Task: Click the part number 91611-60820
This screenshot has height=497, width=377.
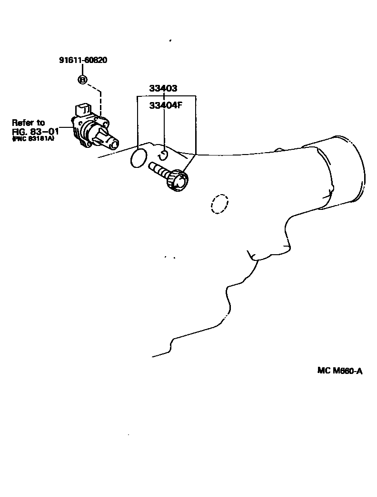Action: pos(83,60)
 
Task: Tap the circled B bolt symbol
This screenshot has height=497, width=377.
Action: pos(82,80)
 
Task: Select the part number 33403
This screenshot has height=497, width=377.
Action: pos(163,88)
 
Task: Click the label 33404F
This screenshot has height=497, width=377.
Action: pos(166,105)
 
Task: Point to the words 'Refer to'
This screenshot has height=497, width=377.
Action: pos(28,123)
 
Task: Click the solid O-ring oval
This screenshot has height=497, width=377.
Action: pos(138,158)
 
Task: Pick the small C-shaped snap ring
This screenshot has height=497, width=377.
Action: pos(163,155)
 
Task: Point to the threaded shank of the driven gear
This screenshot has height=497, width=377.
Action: pos(159,169)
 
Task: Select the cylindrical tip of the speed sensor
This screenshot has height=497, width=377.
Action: pos(112,143)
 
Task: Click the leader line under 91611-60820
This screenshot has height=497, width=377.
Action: pos(82,70)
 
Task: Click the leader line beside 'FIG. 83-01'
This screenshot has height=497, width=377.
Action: pos(67,129)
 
